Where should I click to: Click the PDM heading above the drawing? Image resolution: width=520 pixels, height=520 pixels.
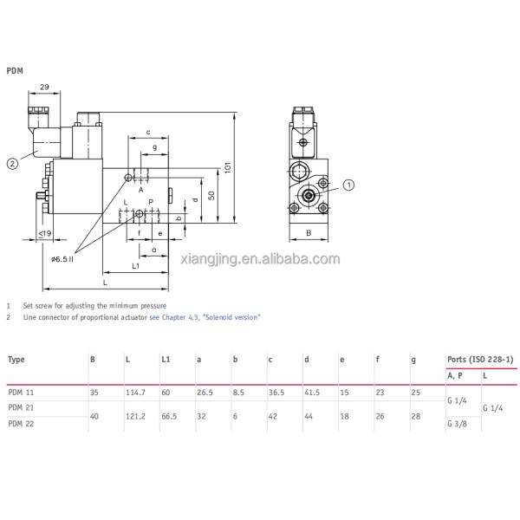[x=16, y=71]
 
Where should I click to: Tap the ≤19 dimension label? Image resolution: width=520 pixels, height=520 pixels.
[x=44, y=234]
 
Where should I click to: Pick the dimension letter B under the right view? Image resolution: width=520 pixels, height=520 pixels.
[x=308, y=233]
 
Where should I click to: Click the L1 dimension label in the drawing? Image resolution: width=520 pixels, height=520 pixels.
[x=136, y=266]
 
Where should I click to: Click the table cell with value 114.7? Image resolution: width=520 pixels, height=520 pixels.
[x=135, y=392]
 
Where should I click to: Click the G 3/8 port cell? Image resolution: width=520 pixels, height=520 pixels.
[x=456, y=423]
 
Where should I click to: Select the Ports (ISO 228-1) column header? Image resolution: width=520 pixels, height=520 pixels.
[x=480, y=359]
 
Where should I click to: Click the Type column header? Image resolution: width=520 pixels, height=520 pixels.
[x=16, y=359]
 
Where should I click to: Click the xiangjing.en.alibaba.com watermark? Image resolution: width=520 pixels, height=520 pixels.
[x=260, y=258]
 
